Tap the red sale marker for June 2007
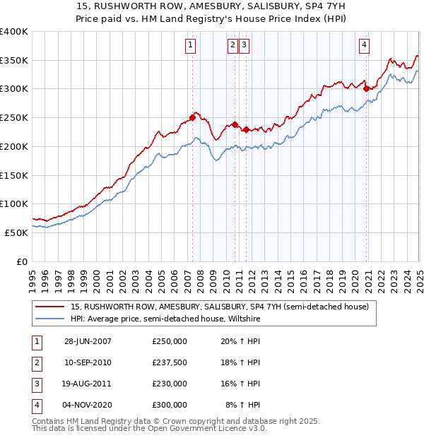coord(192,117)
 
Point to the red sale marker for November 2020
coord(366,88)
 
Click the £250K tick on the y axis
coord(14,118)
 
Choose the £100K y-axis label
coord(14,204)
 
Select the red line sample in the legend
coord(50,307)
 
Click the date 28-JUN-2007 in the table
coord(88,341)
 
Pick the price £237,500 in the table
coord(170,362)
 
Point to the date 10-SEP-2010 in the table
coord(88,362)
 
